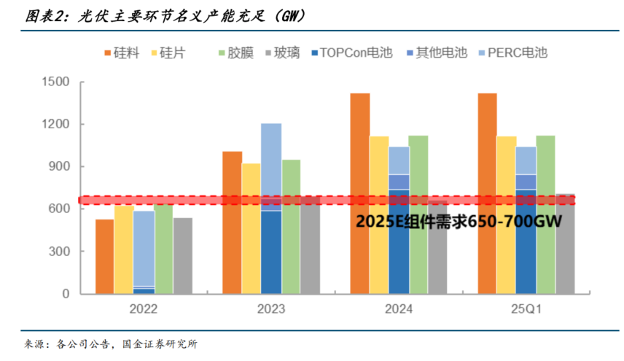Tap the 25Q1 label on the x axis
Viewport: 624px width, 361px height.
pyautogui.click(x=526, y=309)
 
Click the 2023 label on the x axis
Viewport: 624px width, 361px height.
pyautogui.click(x=271, y=309)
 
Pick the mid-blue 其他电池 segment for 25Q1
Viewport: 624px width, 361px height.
pyautogui.click(x=526, y=182)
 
